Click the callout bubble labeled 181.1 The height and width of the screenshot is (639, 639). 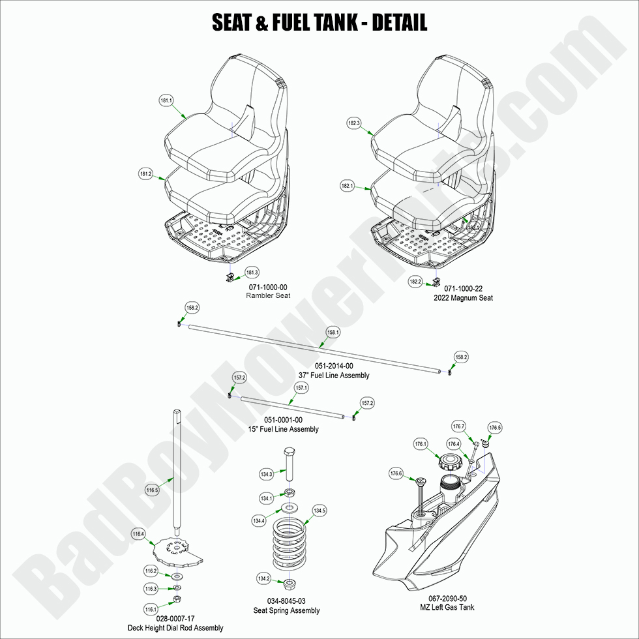point(166,101)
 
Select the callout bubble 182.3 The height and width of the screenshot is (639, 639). point(354,123)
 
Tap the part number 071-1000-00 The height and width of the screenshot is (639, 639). point(267,287)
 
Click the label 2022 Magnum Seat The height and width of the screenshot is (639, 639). point(463,298)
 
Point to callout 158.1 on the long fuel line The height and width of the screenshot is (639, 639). point(333,333)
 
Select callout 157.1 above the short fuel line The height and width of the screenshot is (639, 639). point(301,387)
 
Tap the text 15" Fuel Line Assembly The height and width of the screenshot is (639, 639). point(283,429)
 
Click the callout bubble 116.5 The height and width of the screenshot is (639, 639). point(153,490)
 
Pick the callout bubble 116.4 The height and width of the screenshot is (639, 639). point(138,533)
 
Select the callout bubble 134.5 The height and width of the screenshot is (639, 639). point(319,511)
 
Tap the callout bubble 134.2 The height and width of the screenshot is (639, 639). point(264,578)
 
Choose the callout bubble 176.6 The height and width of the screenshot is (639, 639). point(396,473)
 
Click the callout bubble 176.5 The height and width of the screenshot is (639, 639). point(495,428)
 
